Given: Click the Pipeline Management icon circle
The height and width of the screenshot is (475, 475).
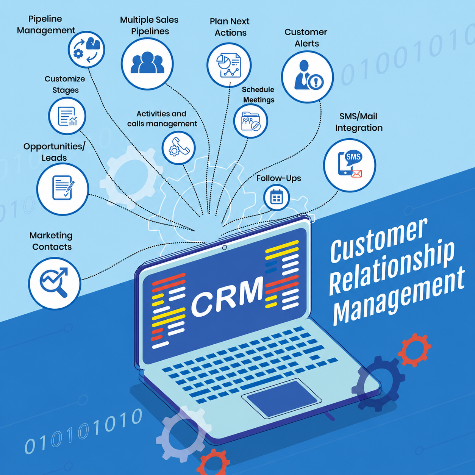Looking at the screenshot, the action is pyautogui.click(x=86, y=49).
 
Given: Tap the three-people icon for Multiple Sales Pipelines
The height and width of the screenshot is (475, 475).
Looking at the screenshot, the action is pyautogui.click(x=147, y=62).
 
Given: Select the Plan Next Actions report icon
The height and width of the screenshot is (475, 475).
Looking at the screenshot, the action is pyautogui.click(x=228, y=65).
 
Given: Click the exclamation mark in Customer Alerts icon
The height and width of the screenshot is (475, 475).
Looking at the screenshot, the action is pyautogui.click(x=316, y=81).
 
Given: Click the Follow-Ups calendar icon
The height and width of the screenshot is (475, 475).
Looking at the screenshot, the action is pyautogui.click(x=276, y=197).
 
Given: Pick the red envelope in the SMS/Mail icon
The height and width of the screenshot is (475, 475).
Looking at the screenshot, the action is pyautogui.click(x=356, y=173).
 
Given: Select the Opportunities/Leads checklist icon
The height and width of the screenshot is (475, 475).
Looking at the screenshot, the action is pyautogui.click(x=63, y=188).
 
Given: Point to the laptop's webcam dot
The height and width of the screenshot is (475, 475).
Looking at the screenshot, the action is pyautogui.click(x=224, y=247).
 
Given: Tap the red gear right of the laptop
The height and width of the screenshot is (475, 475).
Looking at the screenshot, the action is pyautogui.click(x=415, y=350).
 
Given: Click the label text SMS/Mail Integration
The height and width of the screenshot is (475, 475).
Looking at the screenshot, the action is pyautogui.click(x=359, y=122).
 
